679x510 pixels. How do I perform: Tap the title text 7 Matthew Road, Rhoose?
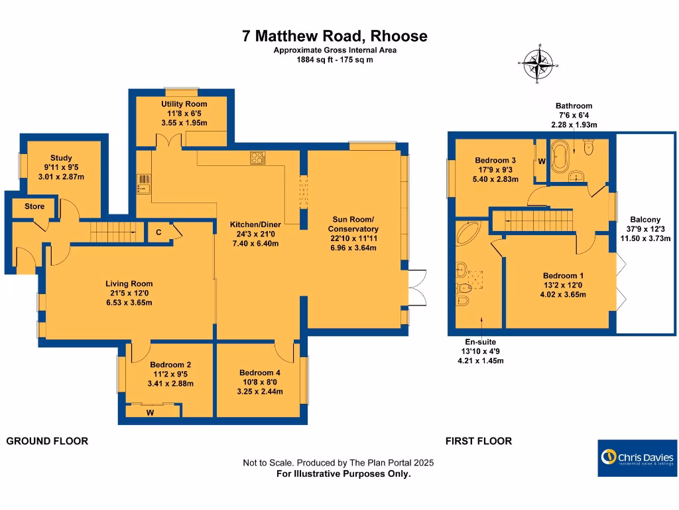[335, 36]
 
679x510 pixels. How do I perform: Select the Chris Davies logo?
[637, 458]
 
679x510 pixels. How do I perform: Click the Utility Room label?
[184, 104]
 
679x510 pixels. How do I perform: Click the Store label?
[34, 207]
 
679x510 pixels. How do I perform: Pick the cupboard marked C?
[159, 232]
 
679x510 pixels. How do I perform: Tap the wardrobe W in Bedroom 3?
[542, 161]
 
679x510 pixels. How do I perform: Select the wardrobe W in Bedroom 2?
[151, 412]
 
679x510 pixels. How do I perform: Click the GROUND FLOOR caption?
[47, 441]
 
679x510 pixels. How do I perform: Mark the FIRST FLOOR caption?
[478, 441]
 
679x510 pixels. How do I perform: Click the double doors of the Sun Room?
[416, 290]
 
